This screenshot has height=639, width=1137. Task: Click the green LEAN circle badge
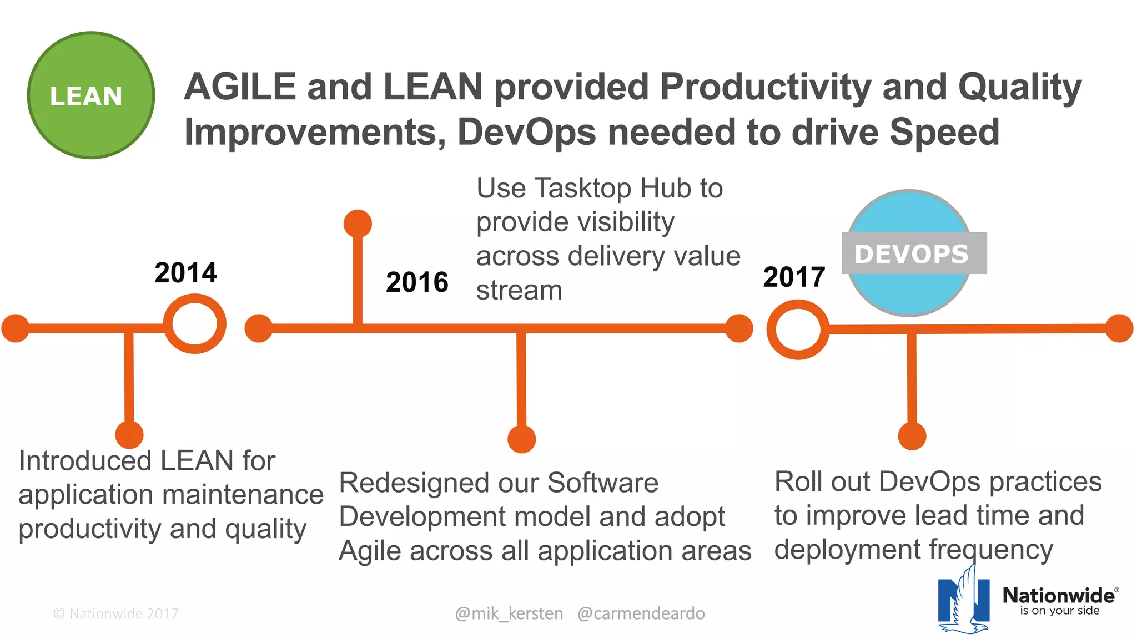coord(91,95)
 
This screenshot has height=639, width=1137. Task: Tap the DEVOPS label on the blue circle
coord(912,254)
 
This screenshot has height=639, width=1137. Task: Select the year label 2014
coord(185,273)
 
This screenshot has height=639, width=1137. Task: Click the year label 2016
coord(417,282)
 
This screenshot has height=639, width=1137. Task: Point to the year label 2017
coord(794,277)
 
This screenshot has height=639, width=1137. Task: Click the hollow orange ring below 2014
coord(195,324)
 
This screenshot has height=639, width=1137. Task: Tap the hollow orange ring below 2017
coord(798,329)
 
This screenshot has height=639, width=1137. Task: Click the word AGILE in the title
coord(240,87)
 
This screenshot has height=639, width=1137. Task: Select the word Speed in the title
coord(944,132)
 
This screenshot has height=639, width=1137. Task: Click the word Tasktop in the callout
coord(583,189)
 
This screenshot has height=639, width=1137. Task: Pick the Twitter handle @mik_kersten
coord(509,613)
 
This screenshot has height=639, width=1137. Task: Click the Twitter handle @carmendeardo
coord(641,613)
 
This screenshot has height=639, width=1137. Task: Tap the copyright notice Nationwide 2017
coord(116,613)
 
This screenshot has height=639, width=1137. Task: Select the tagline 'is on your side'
coord(1059,611)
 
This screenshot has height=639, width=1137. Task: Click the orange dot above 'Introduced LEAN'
coord(129,434)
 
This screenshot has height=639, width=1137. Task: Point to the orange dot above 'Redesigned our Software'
coord(522,439)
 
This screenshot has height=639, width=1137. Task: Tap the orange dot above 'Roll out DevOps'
coord(912,436)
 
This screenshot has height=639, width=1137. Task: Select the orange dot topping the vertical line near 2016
coord(358,224)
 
